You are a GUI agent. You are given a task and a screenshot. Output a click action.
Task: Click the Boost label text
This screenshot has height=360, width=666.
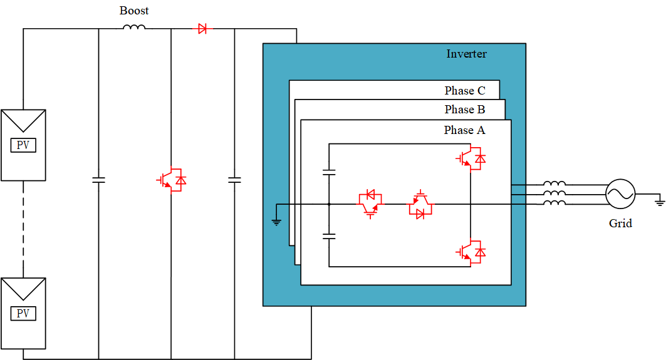point(134,11)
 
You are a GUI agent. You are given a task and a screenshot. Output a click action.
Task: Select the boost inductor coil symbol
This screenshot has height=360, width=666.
point(134,28)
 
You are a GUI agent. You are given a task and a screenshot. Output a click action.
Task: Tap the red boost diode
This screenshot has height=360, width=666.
point(202,28)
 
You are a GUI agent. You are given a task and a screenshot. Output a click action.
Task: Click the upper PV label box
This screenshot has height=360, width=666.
point(23,146)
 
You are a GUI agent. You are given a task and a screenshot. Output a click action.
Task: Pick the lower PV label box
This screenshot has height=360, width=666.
point(23,314)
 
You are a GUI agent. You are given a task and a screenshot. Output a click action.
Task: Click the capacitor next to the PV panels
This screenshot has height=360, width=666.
point(98,180)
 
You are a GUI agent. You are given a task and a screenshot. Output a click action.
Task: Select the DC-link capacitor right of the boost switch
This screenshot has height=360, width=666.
point(234,180)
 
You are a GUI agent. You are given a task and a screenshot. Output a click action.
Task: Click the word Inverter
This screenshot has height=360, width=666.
point(466,54)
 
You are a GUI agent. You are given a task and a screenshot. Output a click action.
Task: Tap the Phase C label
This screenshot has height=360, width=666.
point(465,91)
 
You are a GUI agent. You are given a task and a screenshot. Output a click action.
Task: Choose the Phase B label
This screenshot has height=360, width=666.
point(465,110)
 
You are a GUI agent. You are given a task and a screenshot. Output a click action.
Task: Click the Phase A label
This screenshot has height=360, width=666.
point(464,130)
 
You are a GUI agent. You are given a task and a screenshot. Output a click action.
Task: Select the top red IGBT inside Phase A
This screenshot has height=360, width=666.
point(472,159)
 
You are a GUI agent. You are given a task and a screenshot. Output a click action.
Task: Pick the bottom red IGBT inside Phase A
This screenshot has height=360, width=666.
point(472,252)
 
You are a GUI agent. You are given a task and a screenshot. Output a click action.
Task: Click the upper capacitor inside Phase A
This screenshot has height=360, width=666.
point(328,172)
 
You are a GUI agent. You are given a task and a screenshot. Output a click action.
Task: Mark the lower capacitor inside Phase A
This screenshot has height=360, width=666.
point(328,237)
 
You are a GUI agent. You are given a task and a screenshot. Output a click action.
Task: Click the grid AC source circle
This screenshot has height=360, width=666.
point(620,193)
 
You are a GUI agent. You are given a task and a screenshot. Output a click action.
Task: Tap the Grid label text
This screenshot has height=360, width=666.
point(620,224)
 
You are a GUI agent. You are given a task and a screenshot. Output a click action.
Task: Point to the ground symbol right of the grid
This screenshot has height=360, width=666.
point(658,202)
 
